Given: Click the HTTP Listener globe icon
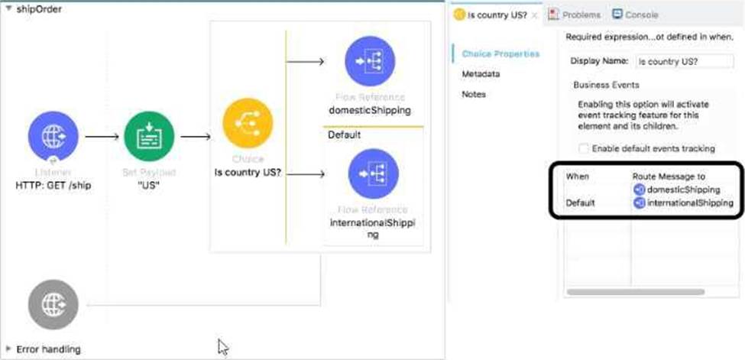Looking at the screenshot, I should [53, 137].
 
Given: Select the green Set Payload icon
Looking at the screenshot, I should [148, 137].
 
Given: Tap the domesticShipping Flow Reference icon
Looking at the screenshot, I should [370, 61].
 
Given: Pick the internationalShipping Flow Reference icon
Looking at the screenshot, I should [372, 174].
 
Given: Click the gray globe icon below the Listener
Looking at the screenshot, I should [53, 304].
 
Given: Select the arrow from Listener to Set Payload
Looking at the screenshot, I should [101, 138].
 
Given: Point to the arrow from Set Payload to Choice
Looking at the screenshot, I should [196, 138].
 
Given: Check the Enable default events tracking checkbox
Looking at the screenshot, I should [584, 148].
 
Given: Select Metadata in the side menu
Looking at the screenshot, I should [481, 74].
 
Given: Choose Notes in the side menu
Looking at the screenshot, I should [474, 94].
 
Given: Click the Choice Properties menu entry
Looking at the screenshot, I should [500, 54].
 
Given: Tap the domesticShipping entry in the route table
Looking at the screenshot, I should [683, 190].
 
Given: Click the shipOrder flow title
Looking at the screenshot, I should [39, 9].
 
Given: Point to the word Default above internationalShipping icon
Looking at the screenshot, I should [344, 135].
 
